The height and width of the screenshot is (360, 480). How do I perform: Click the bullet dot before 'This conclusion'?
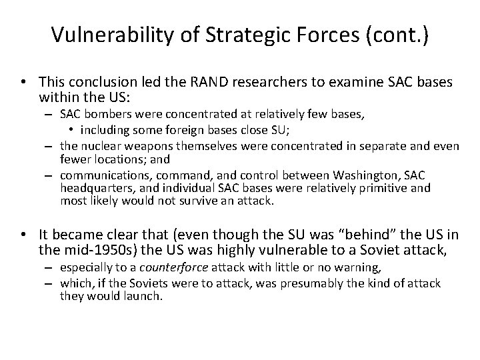click(23, 83)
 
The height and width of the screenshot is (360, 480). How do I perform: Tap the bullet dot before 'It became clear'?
click(23, 236)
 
